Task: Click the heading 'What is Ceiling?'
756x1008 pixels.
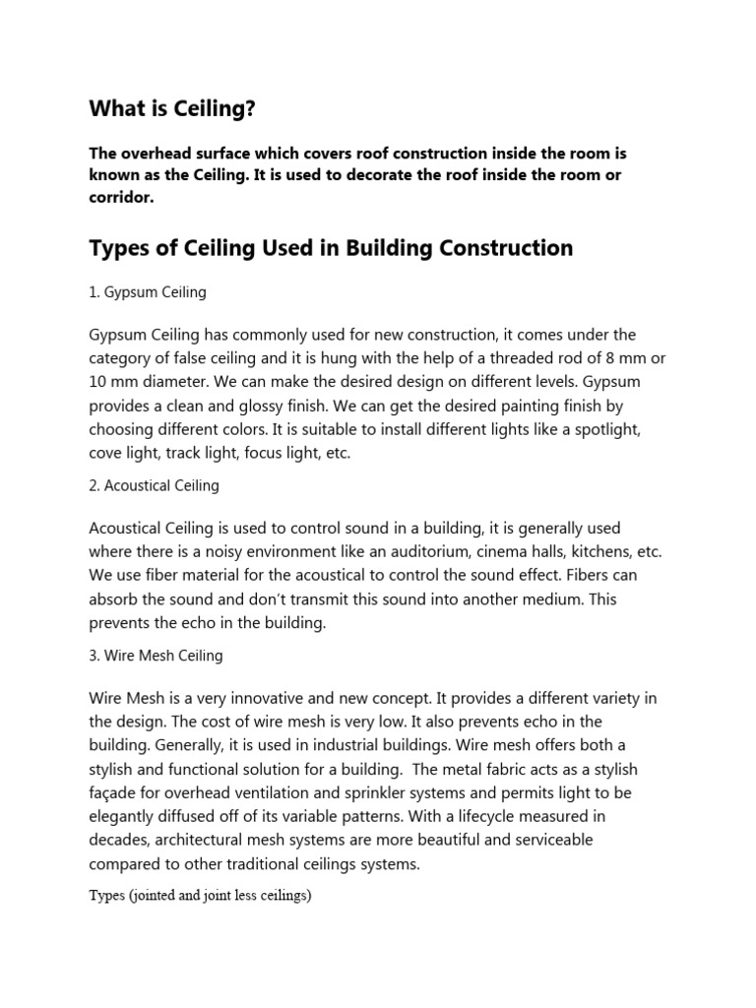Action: (x=172, y=109)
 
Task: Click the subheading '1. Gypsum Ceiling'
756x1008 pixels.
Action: (x=148, y=292)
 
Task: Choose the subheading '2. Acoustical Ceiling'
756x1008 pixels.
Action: (x=155, y=485)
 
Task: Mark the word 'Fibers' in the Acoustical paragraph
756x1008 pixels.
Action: (x=616, y=576)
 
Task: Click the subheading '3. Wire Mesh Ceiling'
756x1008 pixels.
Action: (x=156, y=655)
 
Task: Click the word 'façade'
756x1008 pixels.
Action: (x=116, y=792)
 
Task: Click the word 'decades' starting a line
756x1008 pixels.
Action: (x=119, y=840)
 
